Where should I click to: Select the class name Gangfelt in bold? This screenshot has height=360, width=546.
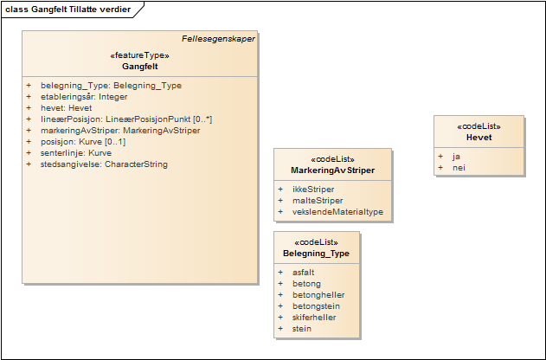pyautogui.click(x=139, y=66)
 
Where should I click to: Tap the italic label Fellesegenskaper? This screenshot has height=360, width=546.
pyautogui.click(x=218, y=39)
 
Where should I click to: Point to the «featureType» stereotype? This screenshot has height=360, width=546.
pyautogui.click(x=139, y=55)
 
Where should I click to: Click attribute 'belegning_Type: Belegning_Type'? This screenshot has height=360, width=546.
pyautogui.click(x=111, y=86)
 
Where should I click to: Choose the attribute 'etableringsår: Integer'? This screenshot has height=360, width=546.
pyautogui.click(x=84, y=97)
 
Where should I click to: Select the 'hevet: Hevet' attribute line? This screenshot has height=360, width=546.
pyautogui.click(x=67, y=108)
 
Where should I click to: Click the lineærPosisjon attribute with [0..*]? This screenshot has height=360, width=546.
pyautogui.click(x=126, y=119)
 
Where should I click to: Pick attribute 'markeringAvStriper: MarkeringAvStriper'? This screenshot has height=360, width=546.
pyautogui.click(x=120, y=131)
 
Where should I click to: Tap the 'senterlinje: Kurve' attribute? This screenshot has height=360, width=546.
pyautogui.click(x=76, y=153)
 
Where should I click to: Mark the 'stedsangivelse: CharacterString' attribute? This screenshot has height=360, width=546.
pyautogui.click(x=104, y=164)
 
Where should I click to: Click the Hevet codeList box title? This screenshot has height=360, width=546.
pyautogui.click(x=479, y=137)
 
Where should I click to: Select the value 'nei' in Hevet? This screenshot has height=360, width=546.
pyautogui.click(x=459, y=168)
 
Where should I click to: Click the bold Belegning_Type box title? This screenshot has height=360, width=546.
pyautogui.click(x=316, y=254)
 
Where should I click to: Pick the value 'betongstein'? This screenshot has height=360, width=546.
pyautogui.click(x=316, y=305)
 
